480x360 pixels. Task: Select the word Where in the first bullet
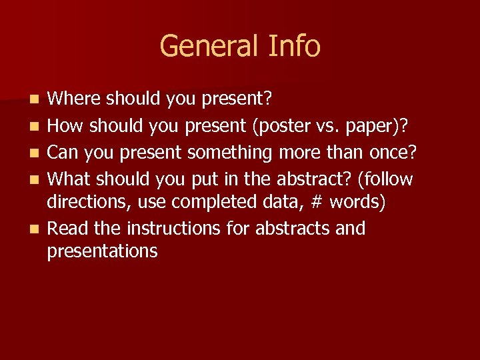[74, 99]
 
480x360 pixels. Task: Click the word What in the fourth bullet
[73, 179]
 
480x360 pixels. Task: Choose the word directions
[86, 202]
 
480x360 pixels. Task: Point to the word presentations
[103, 251]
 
